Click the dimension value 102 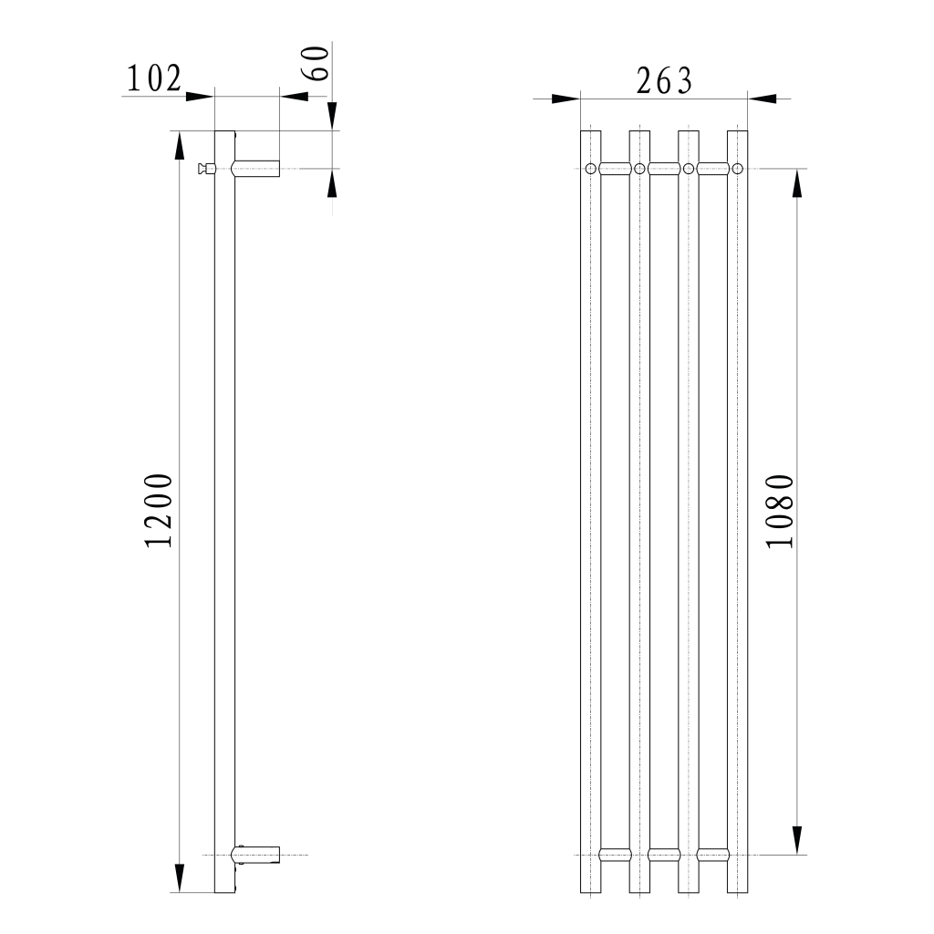[153, 79]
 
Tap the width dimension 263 [663, 81]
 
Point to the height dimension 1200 [159, 511]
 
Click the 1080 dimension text [780, 511]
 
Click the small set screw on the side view [206, 168]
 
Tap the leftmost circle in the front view [591, 168]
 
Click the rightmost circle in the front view [737, 168]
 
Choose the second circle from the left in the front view [639, 168]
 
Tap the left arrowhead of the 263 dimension [566, 98]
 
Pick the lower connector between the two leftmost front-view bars [616, 855]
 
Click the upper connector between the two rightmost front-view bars [712, 168]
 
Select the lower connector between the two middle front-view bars [664, 855]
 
